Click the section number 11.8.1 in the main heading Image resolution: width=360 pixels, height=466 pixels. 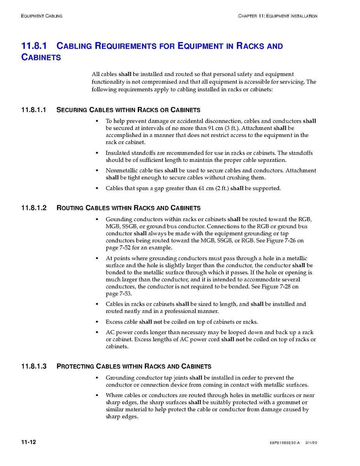coord(34,46)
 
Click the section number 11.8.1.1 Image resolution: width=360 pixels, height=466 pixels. coord(34,110)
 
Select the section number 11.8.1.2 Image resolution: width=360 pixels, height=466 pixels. coord(34,208)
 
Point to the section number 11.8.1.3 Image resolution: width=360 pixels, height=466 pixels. coord(34,366)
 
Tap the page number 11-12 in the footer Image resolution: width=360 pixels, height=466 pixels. coord(29,443)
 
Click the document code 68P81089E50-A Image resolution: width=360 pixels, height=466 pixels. coord(284,443)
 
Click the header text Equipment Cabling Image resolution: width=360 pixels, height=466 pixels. coord(42,16)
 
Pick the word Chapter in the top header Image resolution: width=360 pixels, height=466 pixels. coord(248,16)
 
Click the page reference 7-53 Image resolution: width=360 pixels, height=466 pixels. coord(124,294)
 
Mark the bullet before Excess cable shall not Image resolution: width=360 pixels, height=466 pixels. coord(97,322)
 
